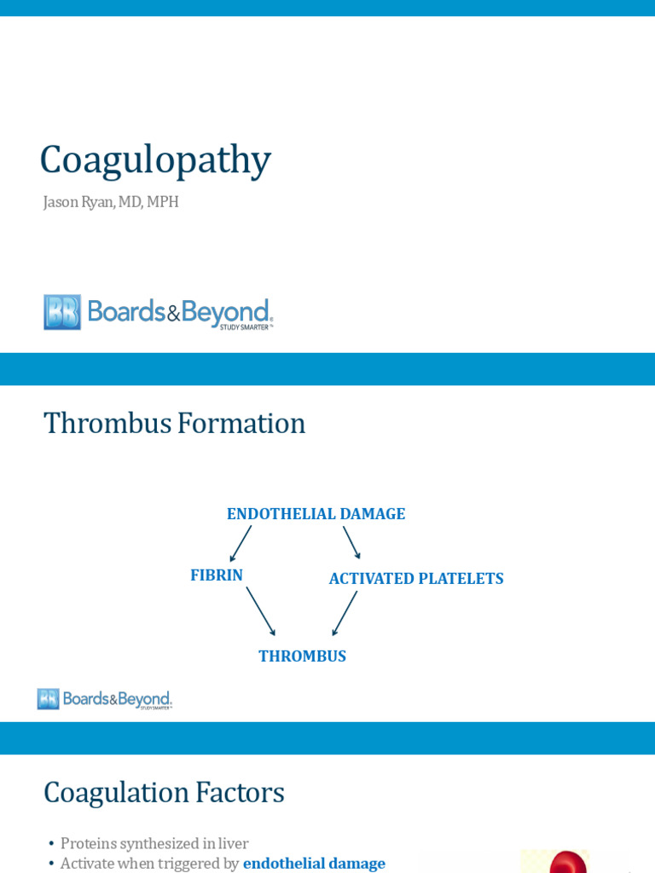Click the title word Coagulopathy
155,160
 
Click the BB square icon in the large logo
62,312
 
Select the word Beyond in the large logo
227,311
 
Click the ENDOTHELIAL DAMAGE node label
316,514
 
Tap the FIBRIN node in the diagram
217,575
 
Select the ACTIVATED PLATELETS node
416,579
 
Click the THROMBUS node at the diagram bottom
302,656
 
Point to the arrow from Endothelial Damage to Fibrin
241,543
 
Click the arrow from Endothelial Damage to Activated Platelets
351,542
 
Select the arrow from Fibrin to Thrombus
260,610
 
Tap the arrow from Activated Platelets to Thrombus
345,613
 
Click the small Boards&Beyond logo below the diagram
104,699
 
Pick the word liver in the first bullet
232,843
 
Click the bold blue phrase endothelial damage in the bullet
314,864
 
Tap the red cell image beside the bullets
568,862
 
